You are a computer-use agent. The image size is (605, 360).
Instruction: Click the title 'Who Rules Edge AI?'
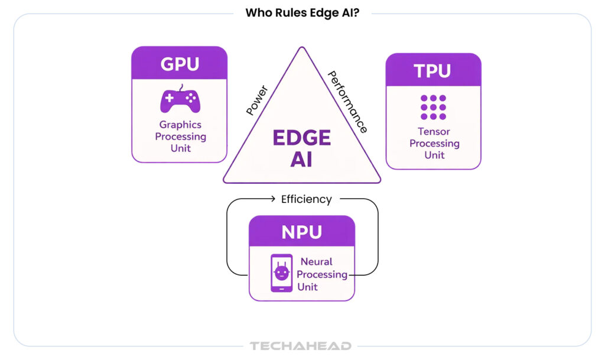click(x=302, y=12)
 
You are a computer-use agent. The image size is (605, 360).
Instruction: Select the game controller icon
click(x=180, y=100)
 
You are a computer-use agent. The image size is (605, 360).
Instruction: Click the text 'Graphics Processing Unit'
click(x=180, y=137)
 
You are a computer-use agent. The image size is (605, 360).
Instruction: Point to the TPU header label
click(x=433, y=71)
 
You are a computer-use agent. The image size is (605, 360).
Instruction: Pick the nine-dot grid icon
click(x=433, y=107)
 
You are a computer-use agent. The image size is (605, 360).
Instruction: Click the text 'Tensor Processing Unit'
click(x=434, y=144)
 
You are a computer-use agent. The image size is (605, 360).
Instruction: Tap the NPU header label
click(x=301, y=232)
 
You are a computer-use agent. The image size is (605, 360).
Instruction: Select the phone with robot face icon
click(x=281, y=273)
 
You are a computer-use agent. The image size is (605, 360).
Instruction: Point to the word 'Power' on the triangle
click(x=256, y=100)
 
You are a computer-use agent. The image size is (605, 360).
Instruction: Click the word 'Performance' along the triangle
click(x=348, y=102)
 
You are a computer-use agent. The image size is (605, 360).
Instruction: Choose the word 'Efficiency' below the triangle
click(x=306, y=199)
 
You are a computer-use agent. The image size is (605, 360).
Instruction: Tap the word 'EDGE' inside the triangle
click(x=301, y=138)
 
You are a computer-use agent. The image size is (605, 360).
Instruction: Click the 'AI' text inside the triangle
click(x=301, y=160)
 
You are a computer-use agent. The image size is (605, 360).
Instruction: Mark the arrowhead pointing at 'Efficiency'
click(x=273, y=199)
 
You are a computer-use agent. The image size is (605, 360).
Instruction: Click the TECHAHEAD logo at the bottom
click(x=300, y=346)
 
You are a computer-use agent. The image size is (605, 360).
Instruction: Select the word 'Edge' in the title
click(x=323, y=12)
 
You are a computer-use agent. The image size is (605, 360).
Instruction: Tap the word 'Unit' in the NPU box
click(x=308, y=287)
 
